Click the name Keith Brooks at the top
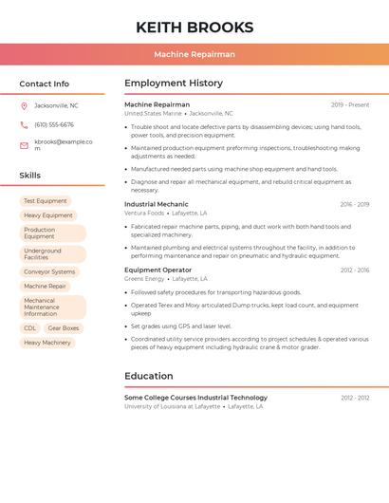[x=194, y=27]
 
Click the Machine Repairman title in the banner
[x=194, y=54]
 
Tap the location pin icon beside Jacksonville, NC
[x=24, y=105]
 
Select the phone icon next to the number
[x=24, y=124]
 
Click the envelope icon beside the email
[x=24, y=145]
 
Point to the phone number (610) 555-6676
[x=54, y=124]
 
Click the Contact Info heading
[x=44, y=84]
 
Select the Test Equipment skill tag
[x=46, y=201]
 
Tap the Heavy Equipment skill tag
[x=48, y=215]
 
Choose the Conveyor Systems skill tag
[x=49, y=271]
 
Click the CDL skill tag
[x=30, y=328]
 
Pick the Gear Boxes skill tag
[x=64, y=328]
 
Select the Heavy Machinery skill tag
[x=47, y=343]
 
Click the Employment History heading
[x=174, y=84]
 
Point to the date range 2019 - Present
[x=350, y=104]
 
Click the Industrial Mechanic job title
[x=157, y=204]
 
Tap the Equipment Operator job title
[x=157, y=270]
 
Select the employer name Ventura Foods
[x=144, y=214]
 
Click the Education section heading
[x=149, y=376]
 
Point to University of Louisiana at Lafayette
[x=172, y=406]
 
